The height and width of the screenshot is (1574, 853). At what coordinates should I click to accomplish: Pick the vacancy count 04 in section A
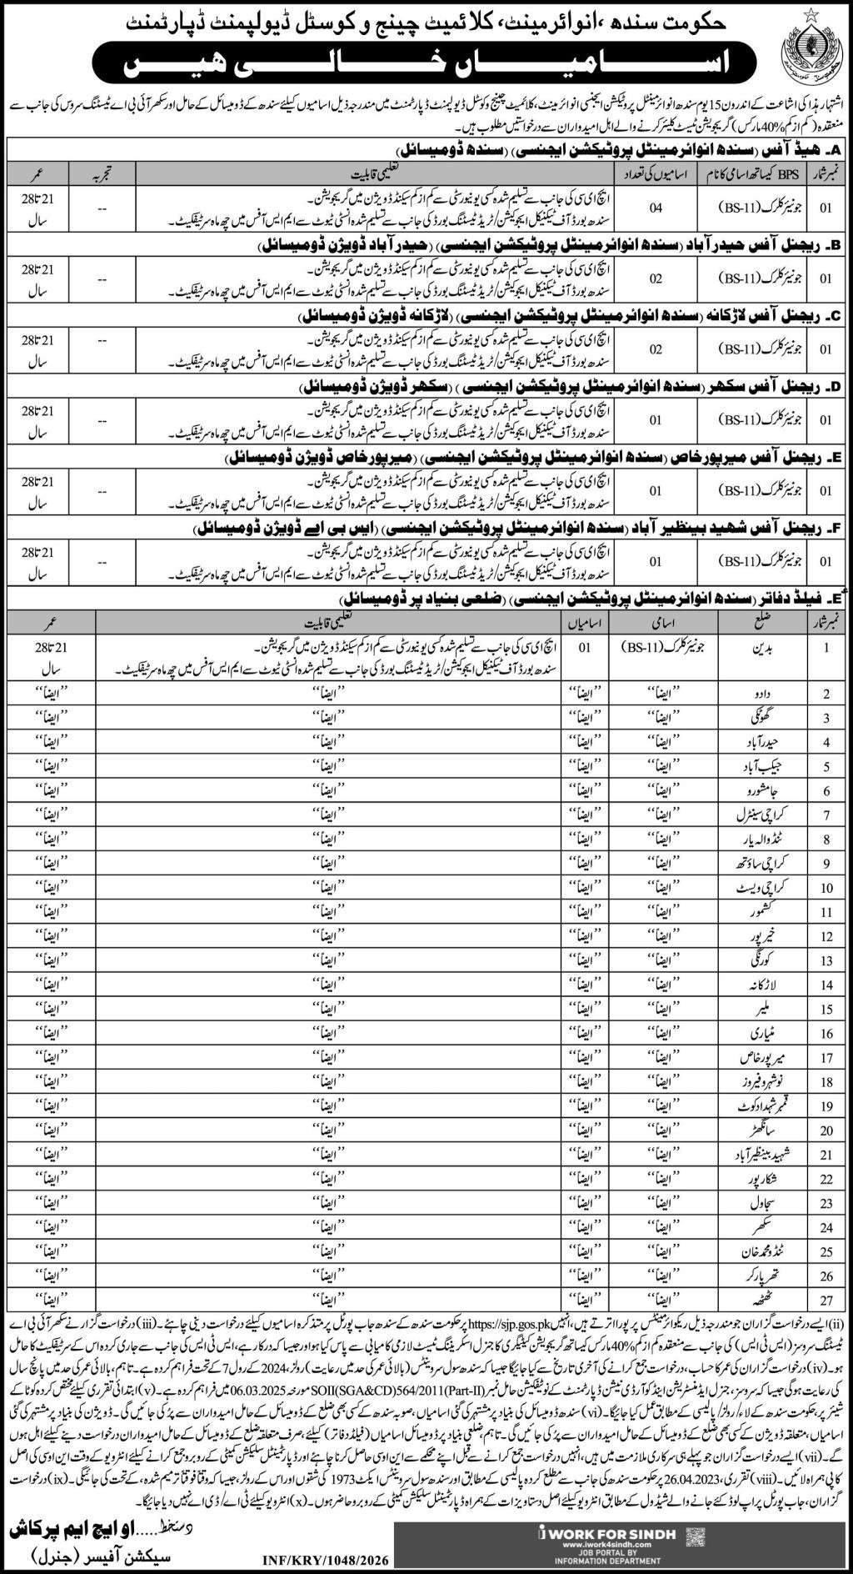coord(657,208)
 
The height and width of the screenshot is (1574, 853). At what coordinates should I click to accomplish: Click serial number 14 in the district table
coord(826,985)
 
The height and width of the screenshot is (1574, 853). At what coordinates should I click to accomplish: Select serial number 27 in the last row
coord(826,1299)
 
